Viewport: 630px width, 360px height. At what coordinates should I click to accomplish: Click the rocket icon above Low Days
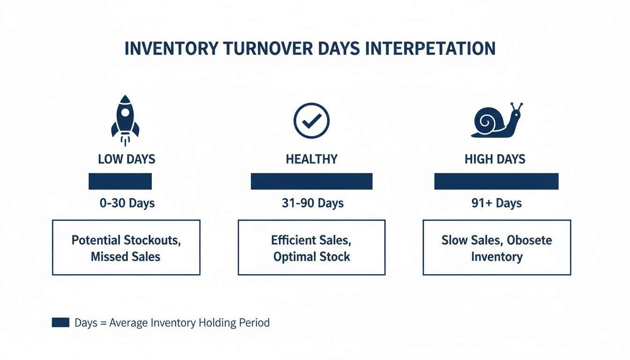125,118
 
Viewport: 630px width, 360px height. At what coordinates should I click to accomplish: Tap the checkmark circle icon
311,121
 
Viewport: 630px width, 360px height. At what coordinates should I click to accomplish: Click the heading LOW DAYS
127,159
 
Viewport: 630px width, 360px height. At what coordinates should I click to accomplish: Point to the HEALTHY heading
311,159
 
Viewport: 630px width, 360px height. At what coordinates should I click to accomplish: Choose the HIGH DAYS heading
495,159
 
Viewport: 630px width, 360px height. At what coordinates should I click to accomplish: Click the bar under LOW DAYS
120,181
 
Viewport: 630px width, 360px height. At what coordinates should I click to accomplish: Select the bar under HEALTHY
311,181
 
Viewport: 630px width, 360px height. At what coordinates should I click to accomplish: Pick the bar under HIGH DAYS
496,181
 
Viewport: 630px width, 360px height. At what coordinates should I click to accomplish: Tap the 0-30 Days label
127,203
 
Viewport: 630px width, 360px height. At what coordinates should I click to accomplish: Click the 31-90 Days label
313,203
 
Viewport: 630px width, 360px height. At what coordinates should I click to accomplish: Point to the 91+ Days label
496,203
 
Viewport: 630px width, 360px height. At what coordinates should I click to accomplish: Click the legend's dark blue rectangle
60,322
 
